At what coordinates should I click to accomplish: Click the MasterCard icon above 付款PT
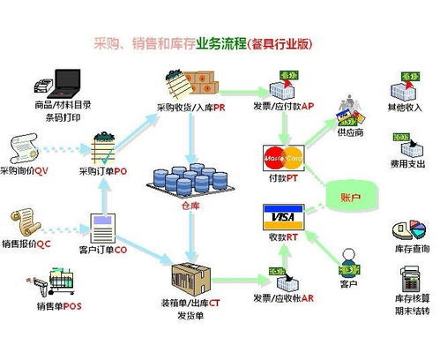283,159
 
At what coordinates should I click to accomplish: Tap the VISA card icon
283,217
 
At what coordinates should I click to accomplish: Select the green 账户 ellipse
350,195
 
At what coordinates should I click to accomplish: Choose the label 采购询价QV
29,170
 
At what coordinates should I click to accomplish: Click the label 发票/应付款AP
284,108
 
